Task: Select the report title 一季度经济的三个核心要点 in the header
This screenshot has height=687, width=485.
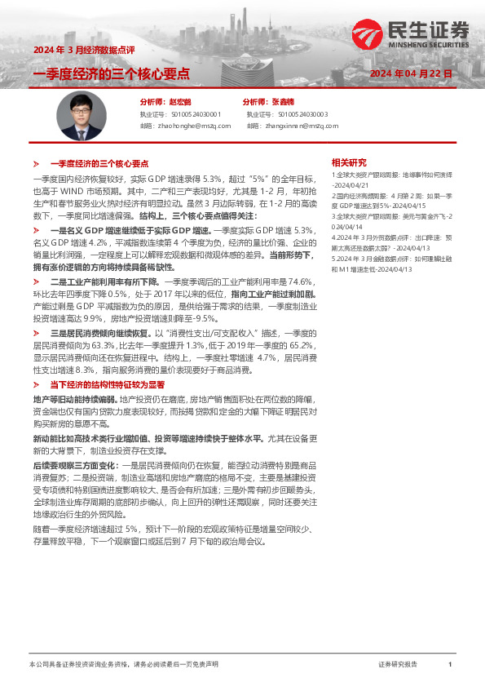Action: tap(111, 73)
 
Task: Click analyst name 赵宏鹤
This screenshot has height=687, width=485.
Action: tap(179, 102)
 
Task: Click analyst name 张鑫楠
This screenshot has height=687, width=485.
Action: tap(281, 102)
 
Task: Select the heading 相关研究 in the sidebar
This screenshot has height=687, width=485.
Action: tap(348, 162)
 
